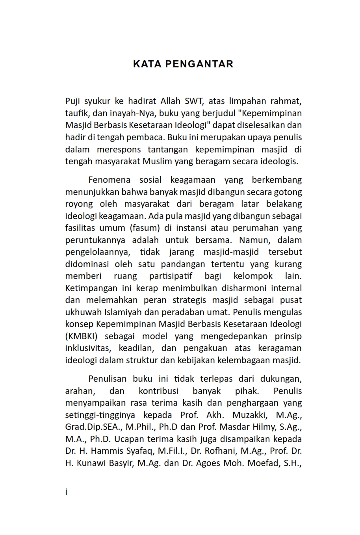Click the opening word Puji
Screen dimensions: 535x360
point(72,101)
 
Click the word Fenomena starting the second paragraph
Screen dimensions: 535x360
point(109,180)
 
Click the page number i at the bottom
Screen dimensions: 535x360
point(67,492)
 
